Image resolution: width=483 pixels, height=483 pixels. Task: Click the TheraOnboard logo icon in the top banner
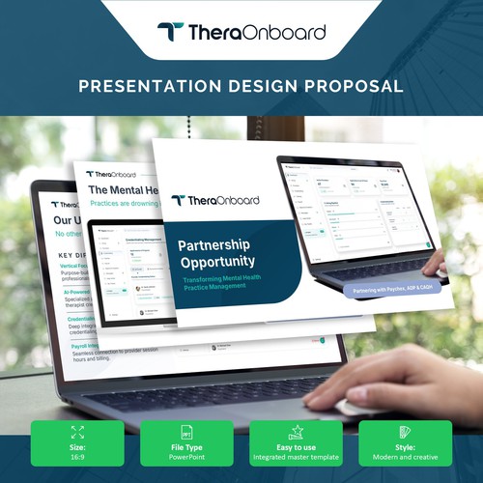coord(170,31)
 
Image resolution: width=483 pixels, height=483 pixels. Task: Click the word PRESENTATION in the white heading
coord(151,86)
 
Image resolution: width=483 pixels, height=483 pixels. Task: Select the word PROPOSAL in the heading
coord(353,86)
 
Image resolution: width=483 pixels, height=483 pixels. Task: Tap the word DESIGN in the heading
coord(259,86)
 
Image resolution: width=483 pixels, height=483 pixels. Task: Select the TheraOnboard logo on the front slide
coord(215,200)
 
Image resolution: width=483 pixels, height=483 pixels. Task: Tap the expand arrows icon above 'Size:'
coord(77,432)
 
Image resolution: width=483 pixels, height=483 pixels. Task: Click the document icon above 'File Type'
coord(187,432)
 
